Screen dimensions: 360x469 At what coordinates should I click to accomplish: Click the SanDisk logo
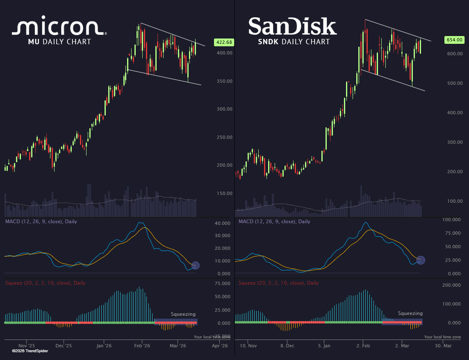pos(292,26)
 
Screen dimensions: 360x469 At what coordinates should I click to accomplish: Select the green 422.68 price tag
pos(224,42)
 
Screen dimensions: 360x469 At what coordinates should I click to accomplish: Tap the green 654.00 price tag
pos(454,40)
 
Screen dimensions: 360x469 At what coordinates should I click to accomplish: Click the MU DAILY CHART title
pos(59,41)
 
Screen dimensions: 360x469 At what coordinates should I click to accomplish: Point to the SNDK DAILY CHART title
pos(294,41)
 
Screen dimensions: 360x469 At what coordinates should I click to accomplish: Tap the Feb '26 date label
pos(141,346)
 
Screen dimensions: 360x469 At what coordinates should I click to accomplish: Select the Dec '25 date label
pos(64,346)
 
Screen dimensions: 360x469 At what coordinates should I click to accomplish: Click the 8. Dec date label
pos(287,346)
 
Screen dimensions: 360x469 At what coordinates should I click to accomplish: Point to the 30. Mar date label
pos(443,346)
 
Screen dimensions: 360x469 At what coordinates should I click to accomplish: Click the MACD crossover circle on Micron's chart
pos(196,265)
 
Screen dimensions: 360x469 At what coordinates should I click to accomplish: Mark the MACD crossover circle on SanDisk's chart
pos(421,260)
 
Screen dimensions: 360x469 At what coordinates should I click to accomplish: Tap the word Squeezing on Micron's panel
pos(183,314)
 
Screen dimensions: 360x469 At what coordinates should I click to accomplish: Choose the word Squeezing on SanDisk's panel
pos(410,313)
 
